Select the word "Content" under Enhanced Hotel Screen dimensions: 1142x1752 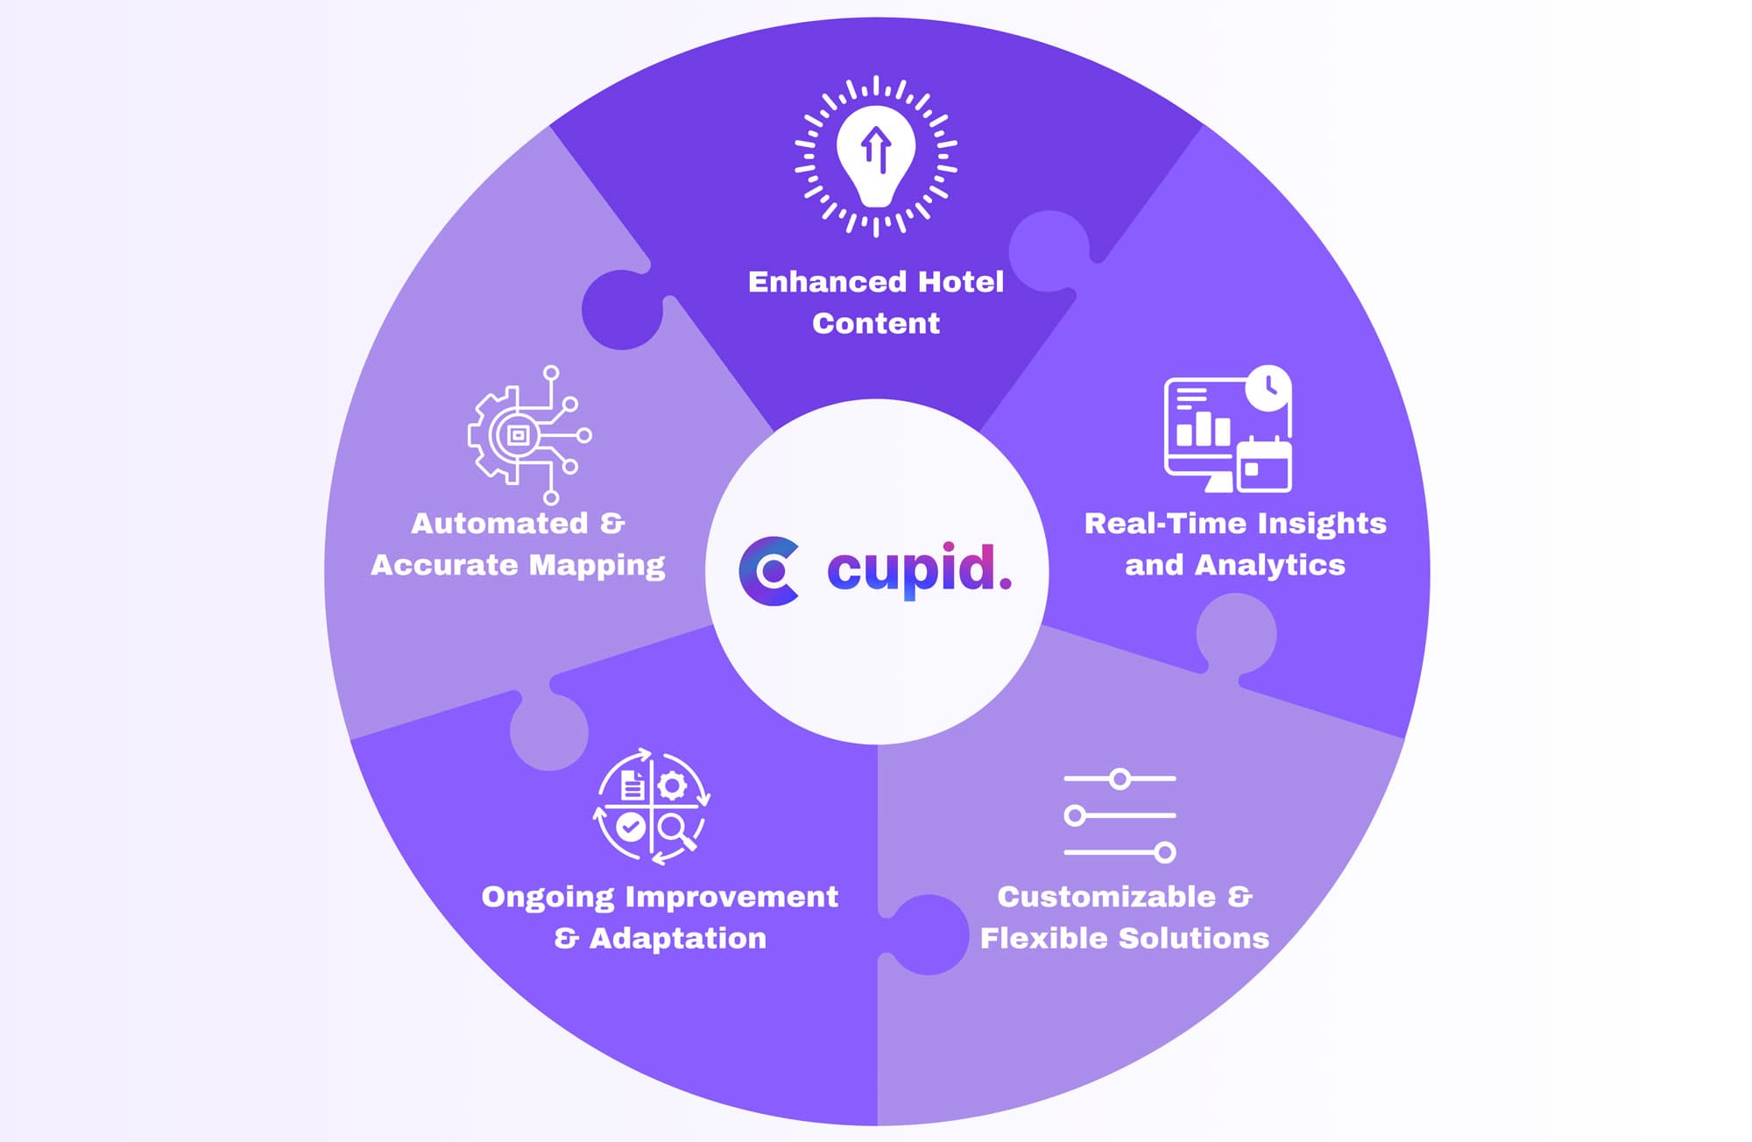click(x=876, y=324)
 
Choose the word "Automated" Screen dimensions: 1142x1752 click(x=499, y=524)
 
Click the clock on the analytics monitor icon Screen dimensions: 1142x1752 click(x=1268, y=388)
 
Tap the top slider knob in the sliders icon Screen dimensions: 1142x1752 click(x=1120, y=779)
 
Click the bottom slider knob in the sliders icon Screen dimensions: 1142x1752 click(x=1165, y=852)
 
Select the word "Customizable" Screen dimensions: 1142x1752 click(x=1106, y=897)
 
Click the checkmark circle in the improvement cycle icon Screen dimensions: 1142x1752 click(x=630, y=826)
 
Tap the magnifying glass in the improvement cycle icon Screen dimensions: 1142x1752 click(x=675, y=829)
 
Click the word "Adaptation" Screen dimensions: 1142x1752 click(x=677, y=939)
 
